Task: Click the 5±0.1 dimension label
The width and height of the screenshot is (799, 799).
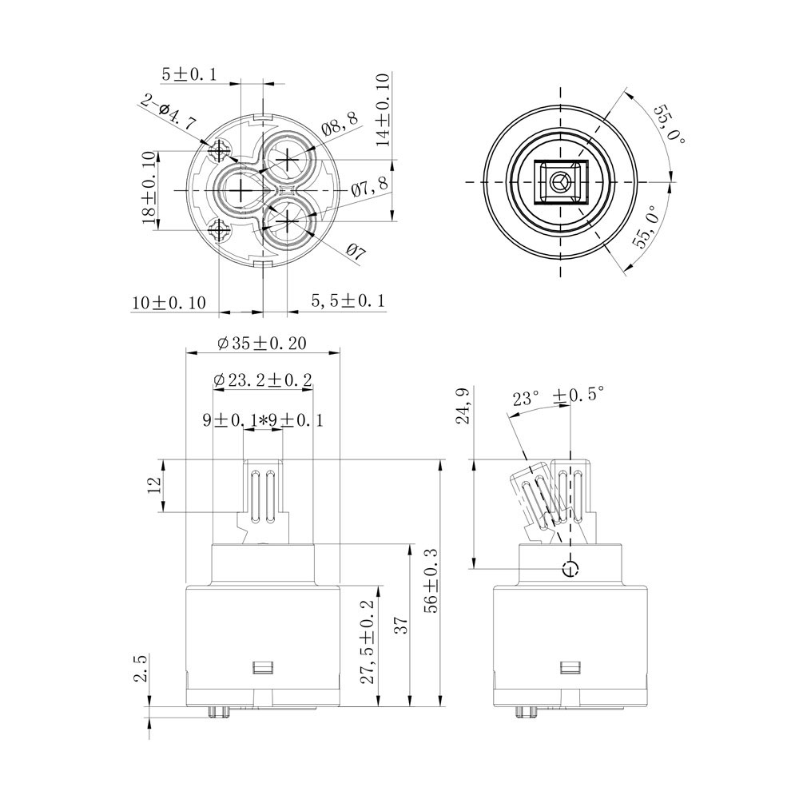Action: pyautogui.click(x=189, y=74)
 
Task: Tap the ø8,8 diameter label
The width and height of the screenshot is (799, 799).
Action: pyautogui.click(x=340, y=123)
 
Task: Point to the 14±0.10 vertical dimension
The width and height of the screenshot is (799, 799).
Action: pyautogui.click(x=384, y=109)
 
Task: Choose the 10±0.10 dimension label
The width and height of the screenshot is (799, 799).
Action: pyautogui.click(x=169, y=303)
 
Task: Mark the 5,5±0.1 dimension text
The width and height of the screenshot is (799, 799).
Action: pyautogui.click(x=348, y=300)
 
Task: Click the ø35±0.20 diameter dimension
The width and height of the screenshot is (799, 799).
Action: pyautogui.click(x=262, y=343)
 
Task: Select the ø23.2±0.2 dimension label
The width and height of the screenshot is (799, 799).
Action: pyautogui.click(x=262, y=380)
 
